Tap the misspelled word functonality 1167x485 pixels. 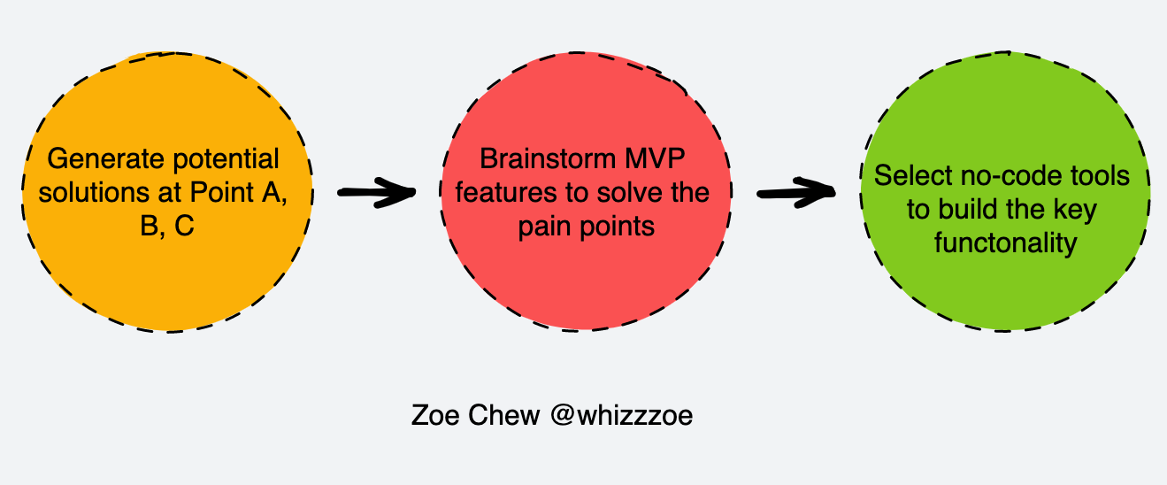[1006, 242]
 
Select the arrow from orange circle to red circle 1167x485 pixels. [376, 191]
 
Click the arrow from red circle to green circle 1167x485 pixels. [795, 191]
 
